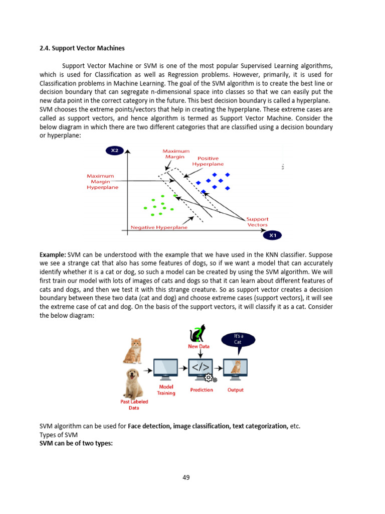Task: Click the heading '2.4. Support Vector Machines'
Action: point(82,48)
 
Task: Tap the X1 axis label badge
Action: point(273,235)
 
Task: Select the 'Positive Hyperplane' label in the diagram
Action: point(208,161)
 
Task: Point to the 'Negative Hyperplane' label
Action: point(159,227)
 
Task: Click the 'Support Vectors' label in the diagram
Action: point(257,222)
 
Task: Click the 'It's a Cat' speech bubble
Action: point(238,339)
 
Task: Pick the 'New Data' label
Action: point(200,346)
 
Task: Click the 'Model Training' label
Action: point(166,390)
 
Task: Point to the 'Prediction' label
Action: point(202,390)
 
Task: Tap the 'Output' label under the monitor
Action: point(236,390)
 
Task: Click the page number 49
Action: point(186,477)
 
